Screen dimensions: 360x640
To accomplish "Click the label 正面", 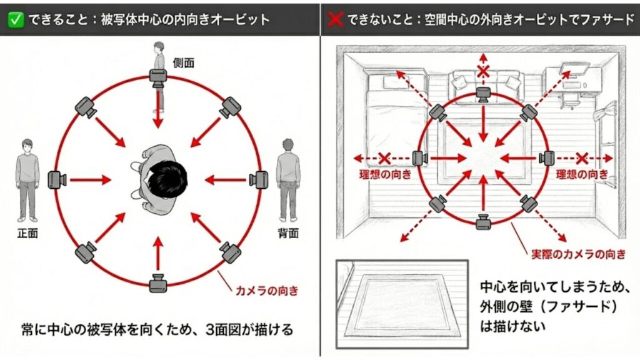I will (x=27, y=234).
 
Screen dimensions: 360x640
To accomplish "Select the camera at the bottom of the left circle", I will (x=157, y=283).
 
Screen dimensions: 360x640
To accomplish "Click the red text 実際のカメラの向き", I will (x=578, y=254).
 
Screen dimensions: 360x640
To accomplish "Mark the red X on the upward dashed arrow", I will (x=482, y=71).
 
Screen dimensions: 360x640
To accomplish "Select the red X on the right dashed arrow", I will (x=582, y=158).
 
